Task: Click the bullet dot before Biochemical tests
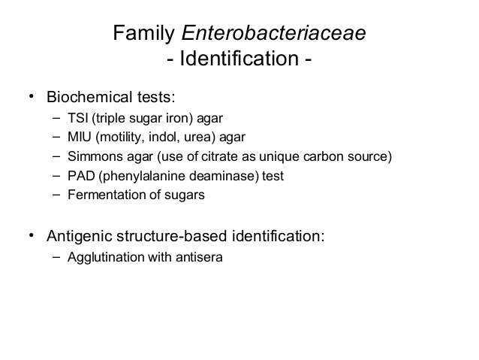tap(31, 98)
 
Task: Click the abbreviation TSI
tap(77, 118)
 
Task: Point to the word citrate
tap(246, 157)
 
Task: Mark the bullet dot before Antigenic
tap(31, 236)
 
